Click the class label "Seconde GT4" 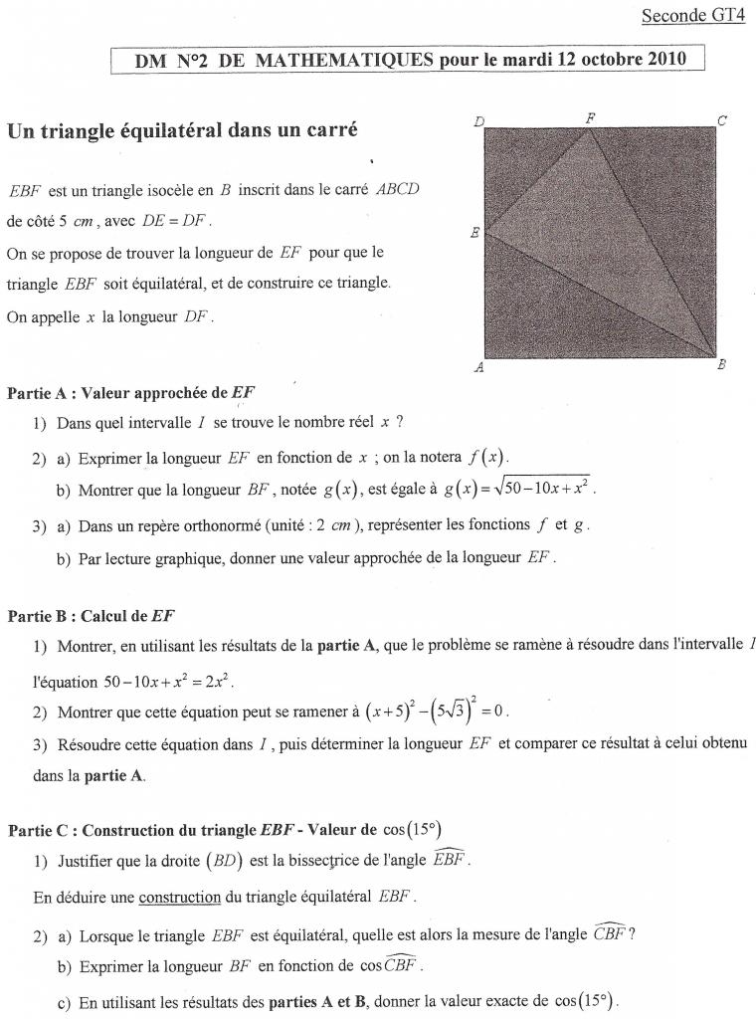[692, 15]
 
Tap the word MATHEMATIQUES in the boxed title [344, 59]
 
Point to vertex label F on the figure [590, 117]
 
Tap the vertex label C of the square [722, 120]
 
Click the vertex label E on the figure [474, 233]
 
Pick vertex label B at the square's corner [722, 365]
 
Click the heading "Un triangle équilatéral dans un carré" [182, 131]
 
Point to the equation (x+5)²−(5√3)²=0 [438, 712]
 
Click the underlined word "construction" [179, 897]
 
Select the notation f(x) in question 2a [487, 457]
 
